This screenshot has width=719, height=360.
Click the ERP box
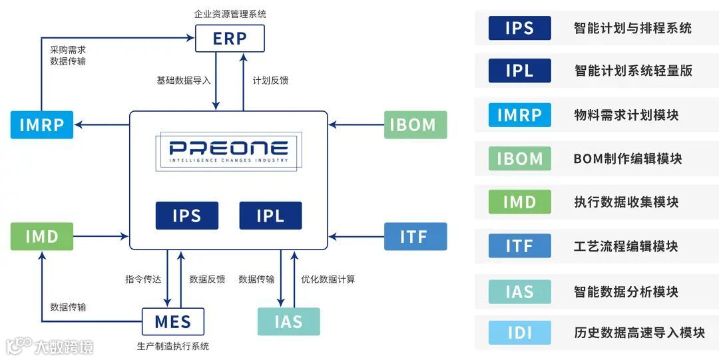[x=230, y=39]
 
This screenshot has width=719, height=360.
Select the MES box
[x=173, y=322]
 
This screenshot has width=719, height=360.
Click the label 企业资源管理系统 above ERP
[x=230, y=13]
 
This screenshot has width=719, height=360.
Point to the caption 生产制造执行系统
[x=173, y=346]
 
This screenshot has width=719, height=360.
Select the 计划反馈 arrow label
[x=270, y=81]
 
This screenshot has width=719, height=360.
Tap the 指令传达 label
[x=143, y=279]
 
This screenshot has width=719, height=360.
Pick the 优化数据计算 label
[x=328, y=279]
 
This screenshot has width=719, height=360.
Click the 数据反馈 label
[x=207, y=279]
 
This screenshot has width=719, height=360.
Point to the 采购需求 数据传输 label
[x=68, y=55]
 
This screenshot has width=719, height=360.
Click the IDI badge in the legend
[x=519, y=333]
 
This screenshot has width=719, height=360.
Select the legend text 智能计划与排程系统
[x=632, y=29]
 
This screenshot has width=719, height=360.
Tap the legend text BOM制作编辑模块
[x=627, y=159]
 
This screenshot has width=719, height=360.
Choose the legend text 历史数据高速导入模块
[x=639, y=333]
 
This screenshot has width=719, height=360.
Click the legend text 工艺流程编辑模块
[x=626, y=246]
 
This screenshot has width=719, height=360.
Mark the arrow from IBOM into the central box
[x=356, y=124]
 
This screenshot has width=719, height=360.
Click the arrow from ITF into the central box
[x=356, y=236]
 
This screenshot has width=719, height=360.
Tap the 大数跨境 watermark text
[x=63, y=347]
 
